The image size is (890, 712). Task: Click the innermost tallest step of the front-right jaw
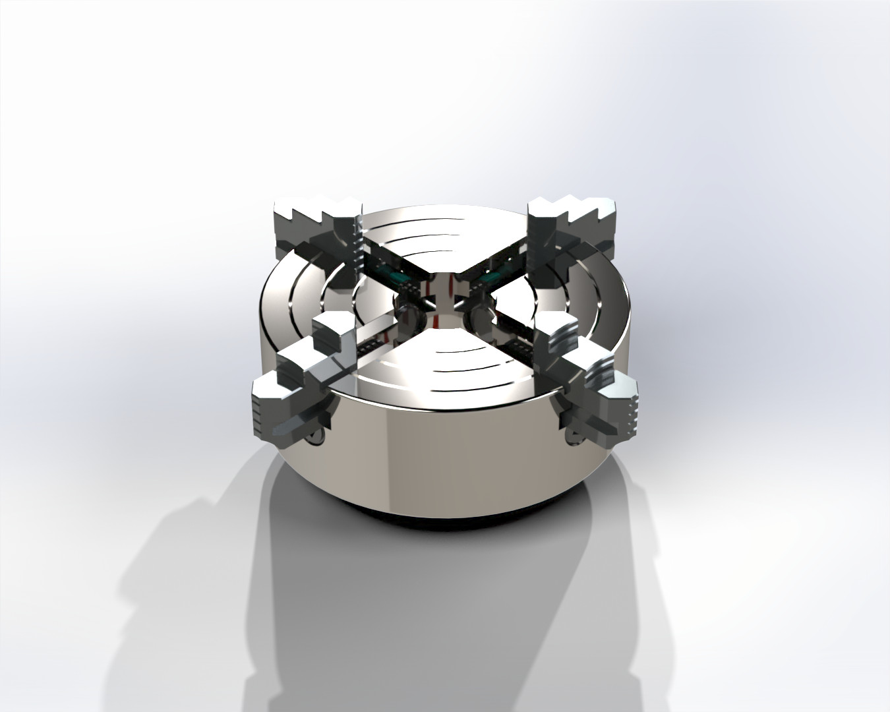558,335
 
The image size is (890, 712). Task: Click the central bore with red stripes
441,291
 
